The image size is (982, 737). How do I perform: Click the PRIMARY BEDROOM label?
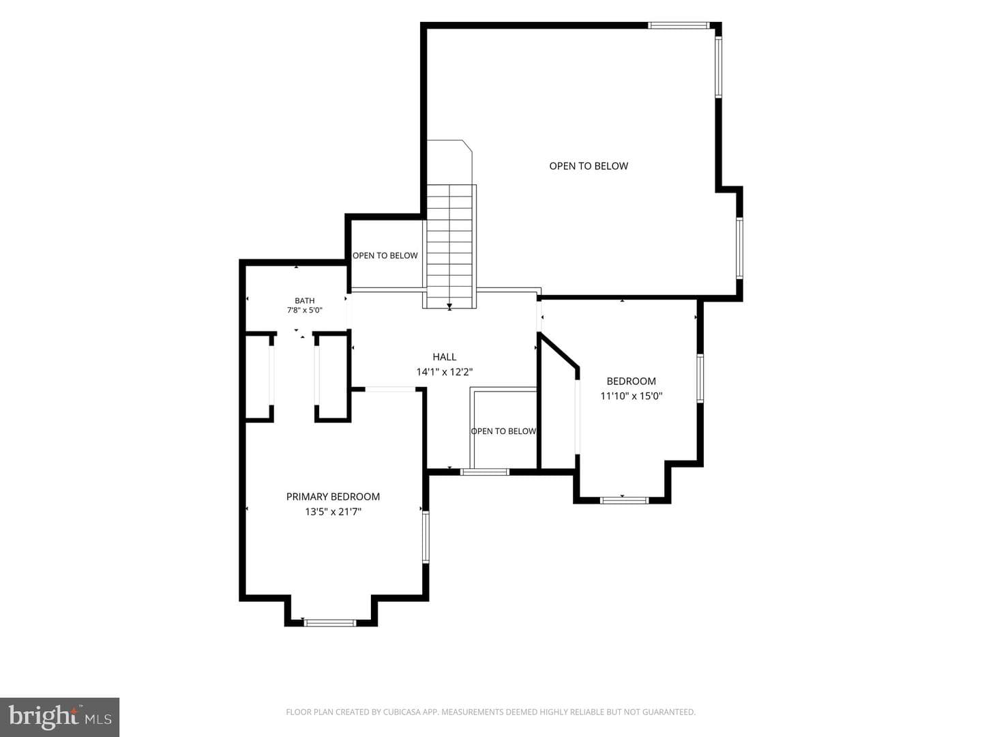[x=333, y=497]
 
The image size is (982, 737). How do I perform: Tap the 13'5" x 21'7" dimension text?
[x=333, y=512]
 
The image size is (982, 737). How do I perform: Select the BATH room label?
[x=305, y=301]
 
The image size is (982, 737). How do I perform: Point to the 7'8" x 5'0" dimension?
[x=305, y=310]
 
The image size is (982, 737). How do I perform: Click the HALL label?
[x=444, y=357]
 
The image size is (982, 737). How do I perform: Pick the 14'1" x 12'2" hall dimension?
[x=444, y=372]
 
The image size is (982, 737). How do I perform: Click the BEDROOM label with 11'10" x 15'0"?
[x=631, y=381]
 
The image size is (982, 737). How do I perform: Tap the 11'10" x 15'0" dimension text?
[x=631, y=396]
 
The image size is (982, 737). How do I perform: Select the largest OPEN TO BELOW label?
[x=589, y=166]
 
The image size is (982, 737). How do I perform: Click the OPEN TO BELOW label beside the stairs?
[x=385, y=255]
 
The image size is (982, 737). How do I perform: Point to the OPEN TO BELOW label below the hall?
[x=503, y=431]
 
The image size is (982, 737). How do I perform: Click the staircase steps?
[x=449, y=246]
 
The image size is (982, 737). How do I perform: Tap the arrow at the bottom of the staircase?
[x=449, y=306]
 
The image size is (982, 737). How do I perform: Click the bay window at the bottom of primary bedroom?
[x=330, y=623]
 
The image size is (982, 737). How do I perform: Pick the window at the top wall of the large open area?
[x=679, y=25]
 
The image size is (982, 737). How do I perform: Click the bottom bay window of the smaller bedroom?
[x=624, y=500]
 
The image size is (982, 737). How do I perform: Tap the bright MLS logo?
[x=59, y=717]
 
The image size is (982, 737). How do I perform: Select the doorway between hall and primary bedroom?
[x=391, y=389]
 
